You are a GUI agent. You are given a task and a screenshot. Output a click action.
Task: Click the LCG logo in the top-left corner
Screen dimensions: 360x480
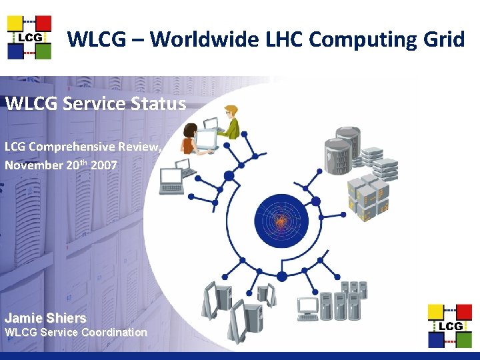click(x=29, y=37)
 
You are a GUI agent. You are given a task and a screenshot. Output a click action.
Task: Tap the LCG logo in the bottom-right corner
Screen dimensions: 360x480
click(x=449, y=325)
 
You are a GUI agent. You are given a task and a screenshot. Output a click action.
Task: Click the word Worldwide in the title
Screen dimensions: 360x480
click(x=193, y=39)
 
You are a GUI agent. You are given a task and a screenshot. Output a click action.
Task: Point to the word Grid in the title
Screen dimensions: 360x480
click(x=443, y=39)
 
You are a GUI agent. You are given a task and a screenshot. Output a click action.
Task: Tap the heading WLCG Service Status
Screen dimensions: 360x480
click(x=95, y=103)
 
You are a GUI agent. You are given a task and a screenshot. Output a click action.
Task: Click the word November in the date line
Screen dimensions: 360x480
click(x=34, y=165)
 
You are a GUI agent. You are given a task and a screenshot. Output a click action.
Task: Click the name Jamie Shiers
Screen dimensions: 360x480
click(x=45, y=318)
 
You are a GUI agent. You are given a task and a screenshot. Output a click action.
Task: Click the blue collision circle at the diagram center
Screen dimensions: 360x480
click(x=281, y=219)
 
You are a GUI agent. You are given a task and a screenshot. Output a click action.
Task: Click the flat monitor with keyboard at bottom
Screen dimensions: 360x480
click(x=308, y=309)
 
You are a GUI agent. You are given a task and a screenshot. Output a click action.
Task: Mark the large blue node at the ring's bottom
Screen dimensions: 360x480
click(x=281, y=276)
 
